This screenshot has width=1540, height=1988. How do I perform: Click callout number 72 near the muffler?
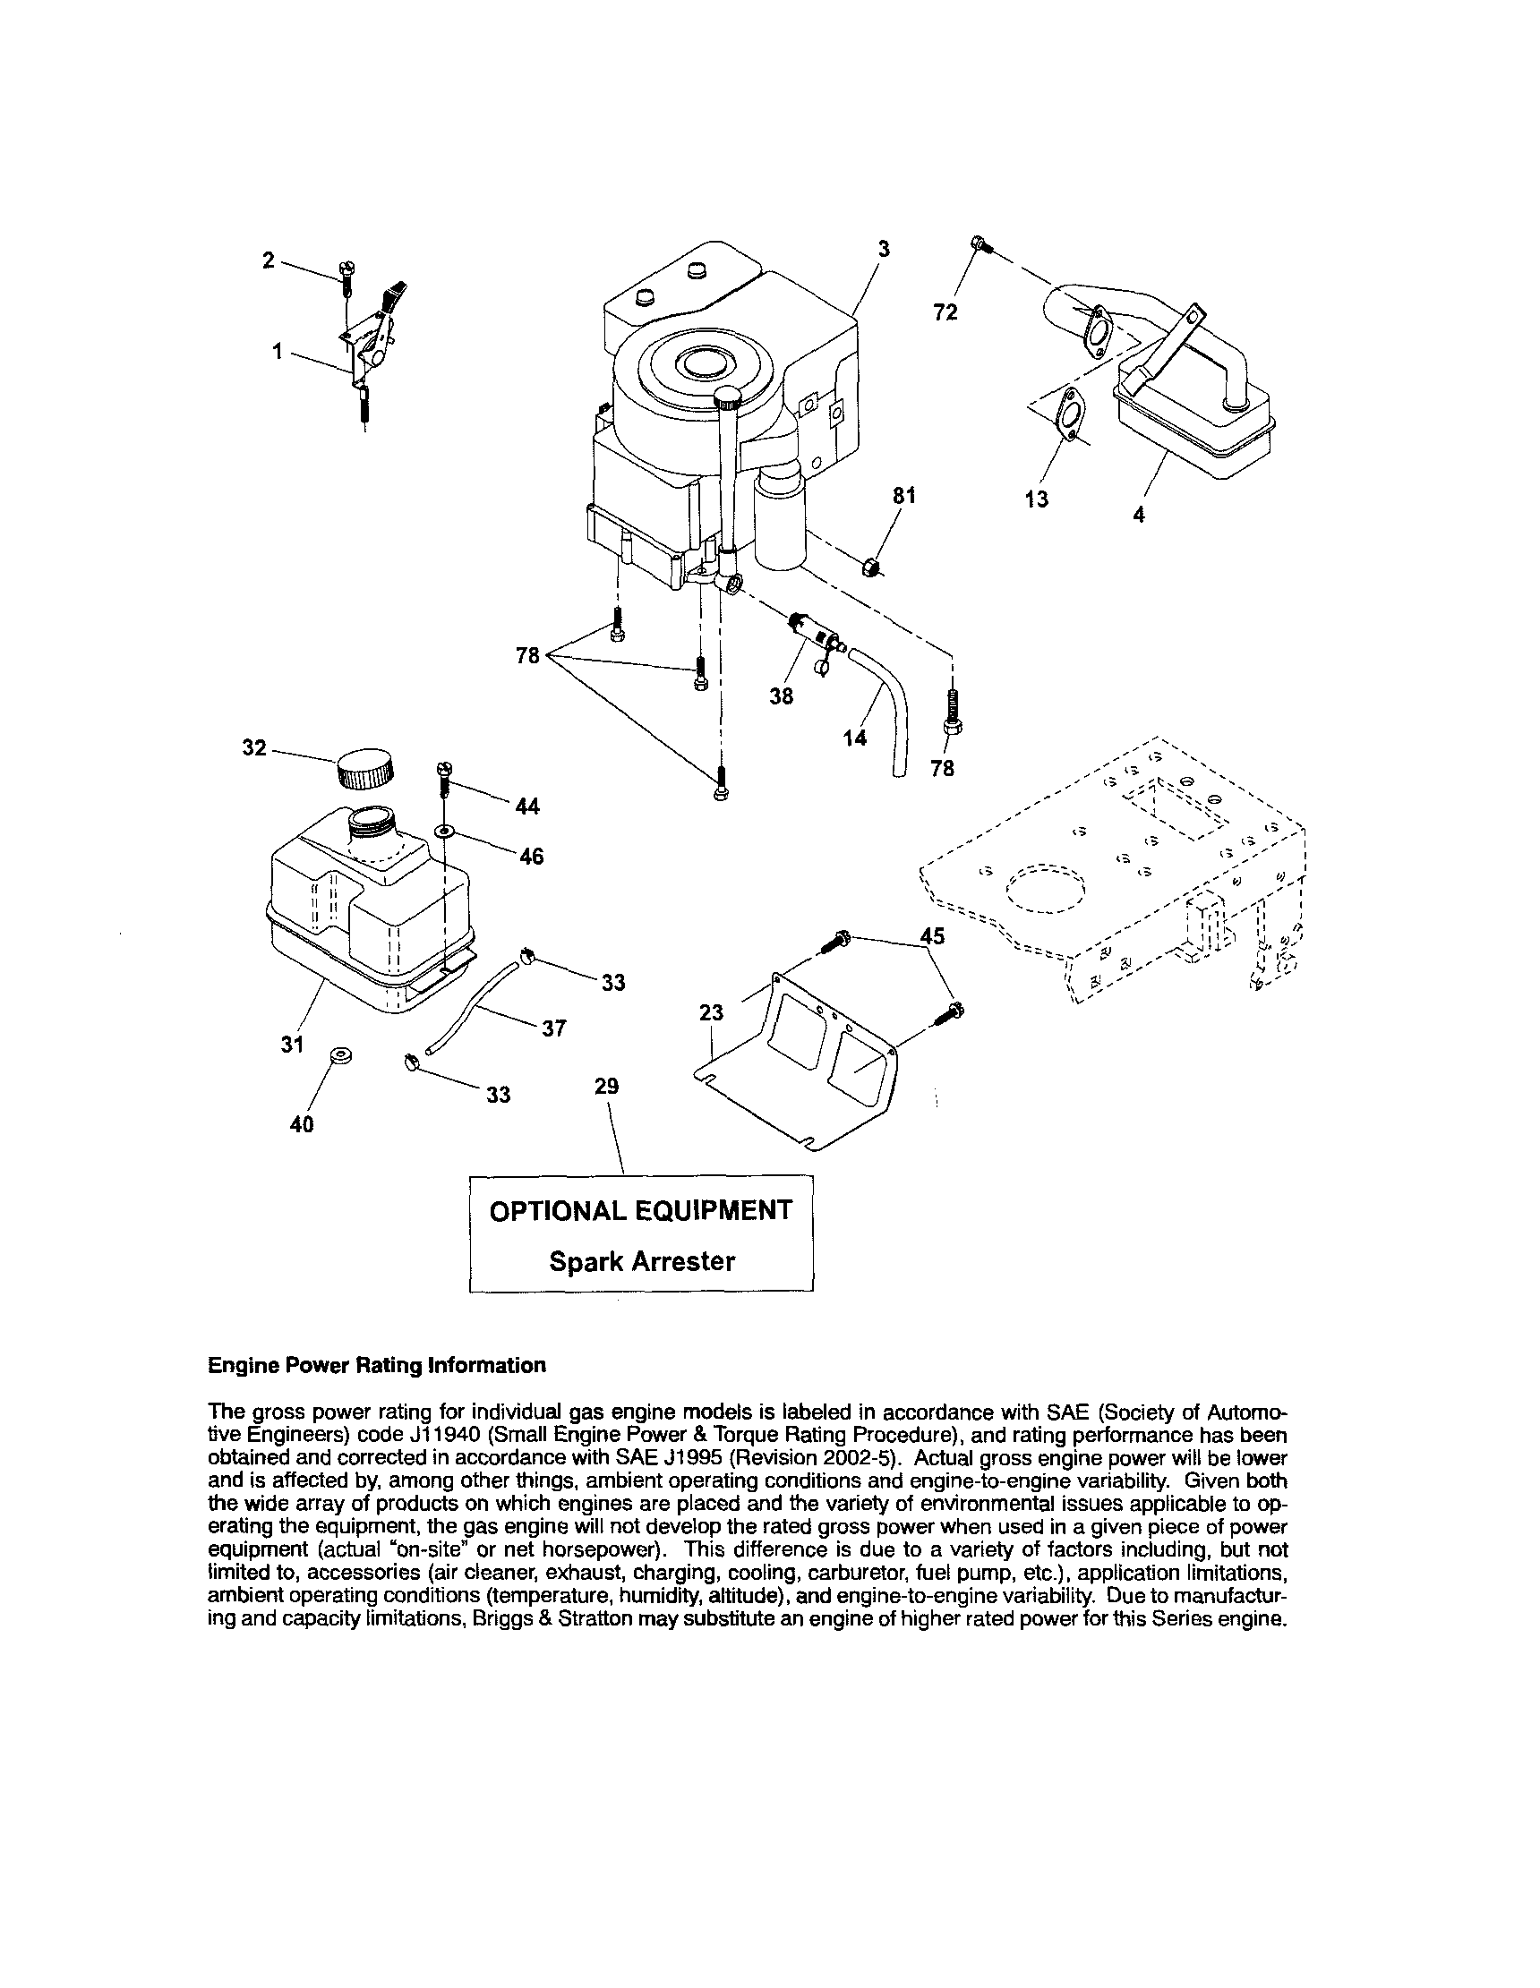coord(945,312)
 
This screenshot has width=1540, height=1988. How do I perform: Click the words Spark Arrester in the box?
coord(641,1261)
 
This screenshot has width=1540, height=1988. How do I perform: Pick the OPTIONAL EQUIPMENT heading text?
coord(641,1211)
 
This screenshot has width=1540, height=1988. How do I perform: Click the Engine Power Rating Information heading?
coord(377,1365)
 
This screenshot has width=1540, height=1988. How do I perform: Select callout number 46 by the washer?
coord(531,857)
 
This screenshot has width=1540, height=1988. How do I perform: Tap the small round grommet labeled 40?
coord(344,1055)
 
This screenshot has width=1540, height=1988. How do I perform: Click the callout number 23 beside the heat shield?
coord(711,1012)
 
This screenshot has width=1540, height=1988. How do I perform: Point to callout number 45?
coord(933,935)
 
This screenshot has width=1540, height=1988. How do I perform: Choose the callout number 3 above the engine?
coord(883,250)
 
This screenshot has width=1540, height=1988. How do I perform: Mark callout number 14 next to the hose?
coord(854,738)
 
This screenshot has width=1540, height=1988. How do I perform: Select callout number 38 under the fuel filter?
coord(781,696)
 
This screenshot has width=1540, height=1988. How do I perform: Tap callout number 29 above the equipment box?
coord(606,1086)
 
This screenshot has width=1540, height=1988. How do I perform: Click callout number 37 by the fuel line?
coord(553,1028)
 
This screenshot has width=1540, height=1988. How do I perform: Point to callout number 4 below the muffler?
coord(1138,515)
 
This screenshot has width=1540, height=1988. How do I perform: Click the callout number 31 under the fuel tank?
coord(291,1045)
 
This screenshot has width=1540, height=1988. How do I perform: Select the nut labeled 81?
coord(870,567)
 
